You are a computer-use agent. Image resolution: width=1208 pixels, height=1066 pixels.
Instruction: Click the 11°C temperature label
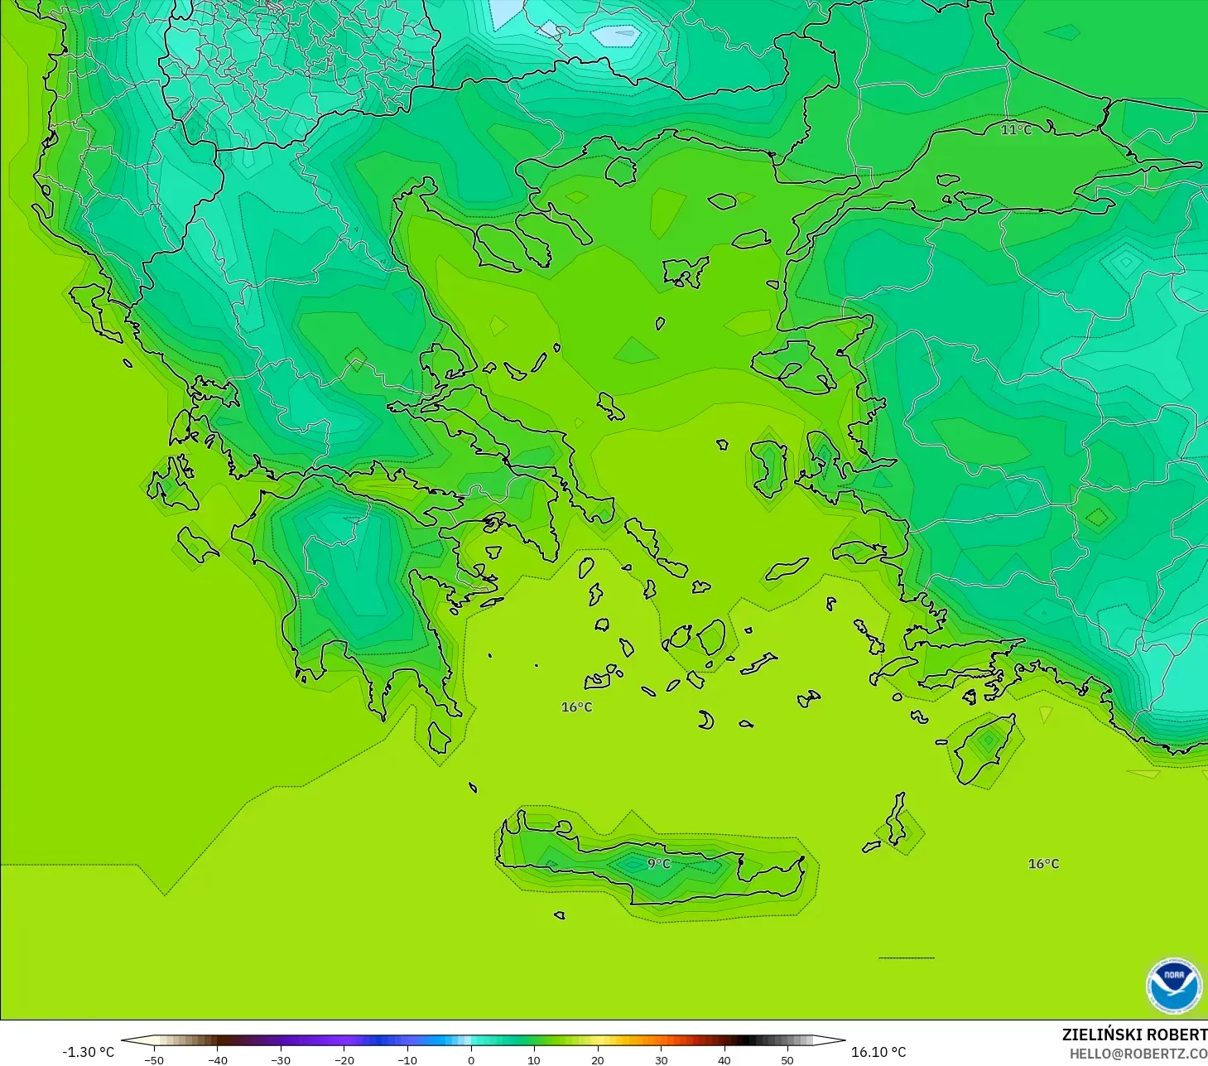1016,130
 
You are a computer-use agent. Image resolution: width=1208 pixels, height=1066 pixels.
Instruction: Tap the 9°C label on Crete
658,864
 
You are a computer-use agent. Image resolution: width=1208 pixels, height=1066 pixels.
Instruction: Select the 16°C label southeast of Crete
1043,864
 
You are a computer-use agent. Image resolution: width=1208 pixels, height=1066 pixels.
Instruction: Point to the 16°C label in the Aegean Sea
576,707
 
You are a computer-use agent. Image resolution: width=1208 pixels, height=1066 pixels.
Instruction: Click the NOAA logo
1173,986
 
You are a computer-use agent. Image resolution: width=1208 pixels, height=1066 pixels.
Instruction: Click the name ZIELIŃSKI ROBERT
1134,1035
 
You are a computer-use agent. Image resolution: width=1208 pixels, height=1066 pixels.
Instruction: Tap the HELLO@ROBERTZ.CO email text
1138,1054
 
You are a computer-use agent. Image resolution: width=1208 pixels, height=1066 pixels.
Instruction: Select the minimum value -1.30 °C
89,1052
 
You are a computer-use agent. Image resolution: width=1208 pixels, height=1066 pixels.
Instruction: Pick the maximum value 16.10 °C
878,1052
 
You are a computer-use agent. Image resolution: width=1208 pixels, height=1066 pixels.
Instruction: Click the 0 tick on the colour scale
471,1060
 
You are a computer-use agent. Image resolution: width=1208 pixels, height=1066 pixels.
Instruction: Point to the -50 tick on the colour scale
154,1060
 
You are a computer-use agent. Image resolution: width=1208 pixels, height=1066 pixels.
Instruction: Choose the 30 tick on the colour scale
661,1060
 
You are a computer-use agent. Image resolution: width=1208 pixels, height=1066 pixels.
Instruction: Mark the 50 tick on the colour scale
787,1060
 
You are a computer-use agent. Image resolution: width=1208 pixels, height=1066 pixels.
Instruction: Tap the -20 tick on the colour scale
344,1060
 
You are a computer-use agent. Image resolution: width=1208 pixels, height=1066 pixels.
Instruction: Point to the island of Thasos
620,171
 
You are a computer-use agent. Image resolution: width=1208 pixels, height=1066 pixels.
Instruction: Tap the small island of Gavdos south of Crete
560,915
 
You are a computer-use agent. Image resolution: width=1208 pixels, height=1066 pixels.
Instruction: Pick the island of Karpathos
895,819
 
